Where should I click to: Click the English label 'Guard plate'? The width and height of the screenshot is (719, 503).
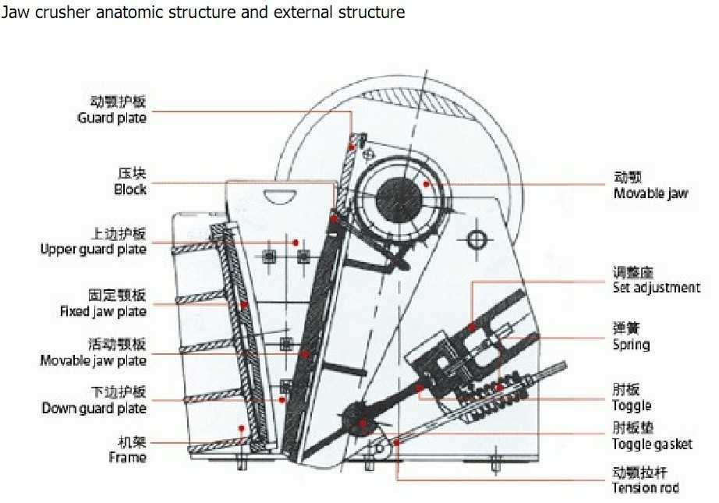112,118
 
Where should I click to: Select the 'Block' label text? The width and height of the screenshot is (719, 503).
129,190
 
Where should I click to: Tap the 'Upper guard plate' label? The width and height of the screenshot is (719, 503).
93,250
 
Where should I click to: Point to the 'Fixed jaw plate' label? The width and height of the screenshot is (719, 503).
103,312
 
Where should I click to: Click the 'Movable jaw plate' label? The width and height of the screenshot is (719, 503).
93,361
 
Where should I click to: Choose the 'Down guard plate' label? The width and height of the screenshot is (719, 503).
94,409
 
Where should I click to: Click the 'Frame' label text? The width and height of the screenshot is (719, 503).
127,457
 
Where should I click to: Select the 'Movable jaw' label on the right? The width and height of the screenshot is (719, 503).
650,193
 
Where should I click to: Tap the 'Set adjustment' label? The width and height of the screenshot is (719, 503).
656,288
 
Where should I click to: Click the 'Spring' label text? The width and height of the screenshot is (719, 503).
631,345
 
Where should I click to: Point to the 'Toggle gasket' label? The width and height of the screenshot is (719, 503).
652,445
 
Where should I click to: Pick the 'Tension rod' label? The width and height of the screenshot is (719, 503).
645,488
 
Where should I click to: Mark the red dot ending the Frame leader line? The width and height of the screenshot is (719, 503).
242,428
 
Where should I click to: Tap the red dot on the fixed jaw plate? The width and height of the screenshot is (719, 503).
244,304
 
